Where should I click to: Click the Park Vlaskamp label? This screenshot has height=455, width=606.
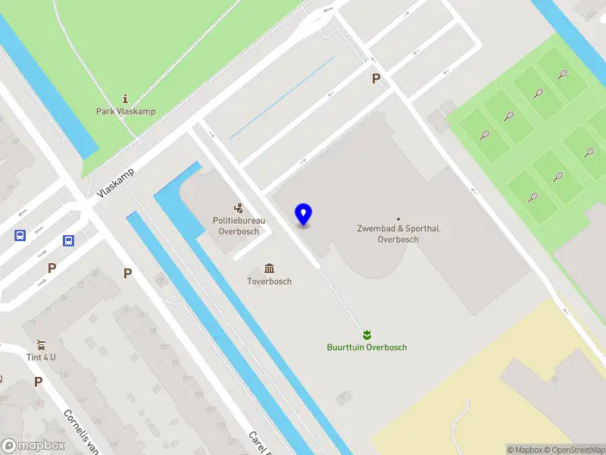point(126,111)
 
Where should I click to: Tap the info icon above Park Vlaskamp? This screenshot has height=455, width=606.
point(126,99)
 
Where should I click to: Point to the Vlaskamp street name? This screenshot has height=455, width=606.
point(116,183)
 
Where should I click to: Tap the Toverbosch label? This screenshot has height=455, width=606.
point(270,281)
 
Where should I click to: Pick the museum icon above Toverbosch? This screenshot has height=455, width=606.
point(270,268)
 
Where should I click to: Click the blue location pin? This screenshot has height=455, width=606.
point(304,215)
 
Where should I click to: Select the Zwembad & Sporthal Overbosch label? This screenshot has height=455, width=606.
point(398,234)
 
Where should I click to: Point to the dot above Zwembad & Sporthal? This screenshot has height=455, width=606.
point(398,219)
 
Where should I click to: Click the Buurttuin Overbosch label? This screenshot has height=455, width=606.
point(367,347)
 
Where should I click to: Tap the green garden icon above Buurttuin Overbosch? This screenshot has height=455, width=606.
point(367,334)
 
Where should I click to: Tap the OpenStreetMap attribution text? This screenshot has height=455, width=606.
point(573,450)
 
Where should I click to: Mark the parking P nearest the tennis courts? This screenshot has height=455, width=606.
point(375,79)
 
